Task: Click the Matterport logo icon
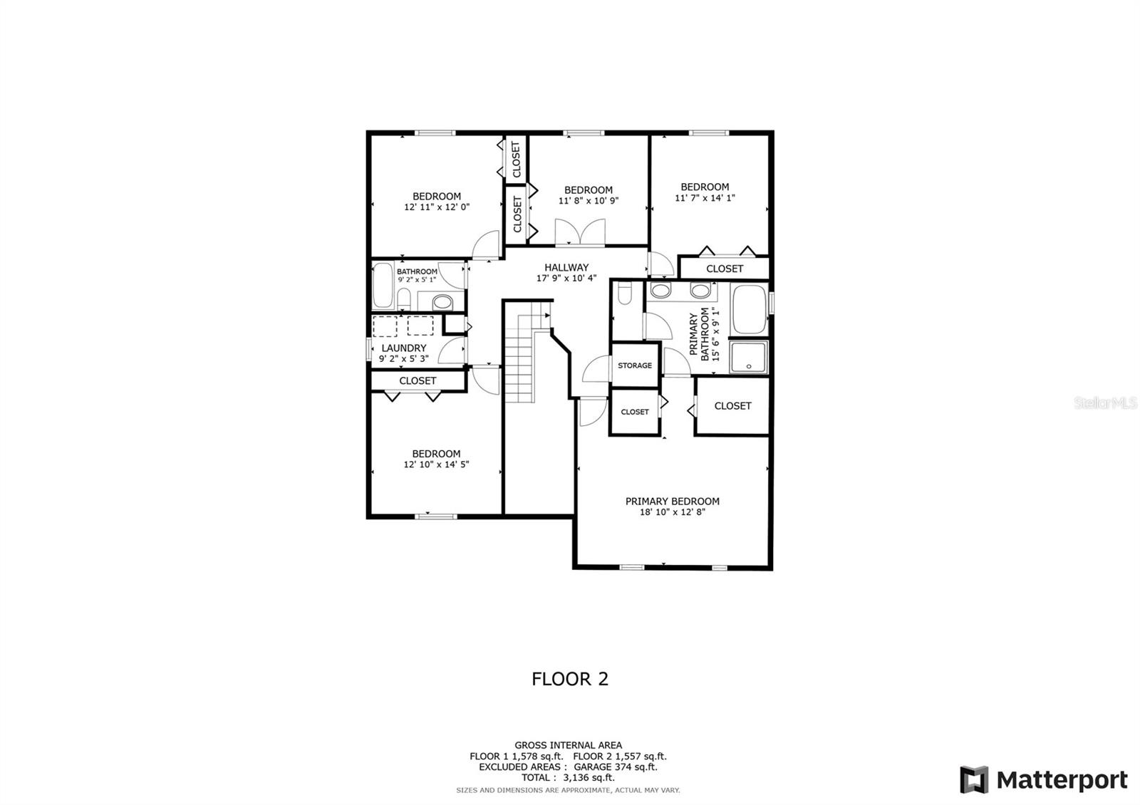pyautogui.click(x=974, y=779)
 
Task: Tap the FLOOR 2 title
pyautogui.click(x=570, y=679)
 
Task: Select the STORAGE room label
pyautogui.click(x=635, y=365)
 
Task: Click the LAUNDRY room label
pyautogui.click(x=403, y=348)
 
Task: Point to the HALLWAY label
pyautogui.click(x=566, y=267)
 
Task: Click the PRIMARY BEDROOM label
pyautogui.click(x=673, y=502)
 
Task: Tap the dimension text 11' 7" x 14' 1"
pyautogui.click(x=705, y=198)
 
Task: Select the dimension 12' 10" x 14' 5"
pyautogui.click(x=436, y=464)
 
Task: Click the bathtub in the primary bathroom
pyautogui.click(x=749, y=309)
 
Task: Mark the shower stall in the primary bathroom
pyautogui.click(x=749, y=358)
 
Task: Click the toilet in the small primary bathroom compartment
pyautogui.click(x=624, y=294)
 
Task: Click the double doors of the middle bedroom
pyautogui.click(x=580, y=232)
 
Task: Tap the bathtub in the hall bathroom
pyautogui.click(x=383, y=286)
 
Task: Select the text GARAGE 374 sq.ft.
pyautogui.click(x=616, y=767)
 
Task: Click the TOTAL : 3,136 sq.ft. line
pyautogui.click(x=568, y=777)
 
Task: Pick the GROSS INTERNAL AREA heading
pyautogui.click(x=568, y=745)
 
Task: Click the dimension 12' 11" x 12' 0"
pyautogui.click(x=437, y=207)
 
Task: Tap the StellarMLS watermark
pyautogui.click(x=1105, y=403)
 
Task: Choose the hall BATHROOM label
pyautogui.click(x=417, y=271)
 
